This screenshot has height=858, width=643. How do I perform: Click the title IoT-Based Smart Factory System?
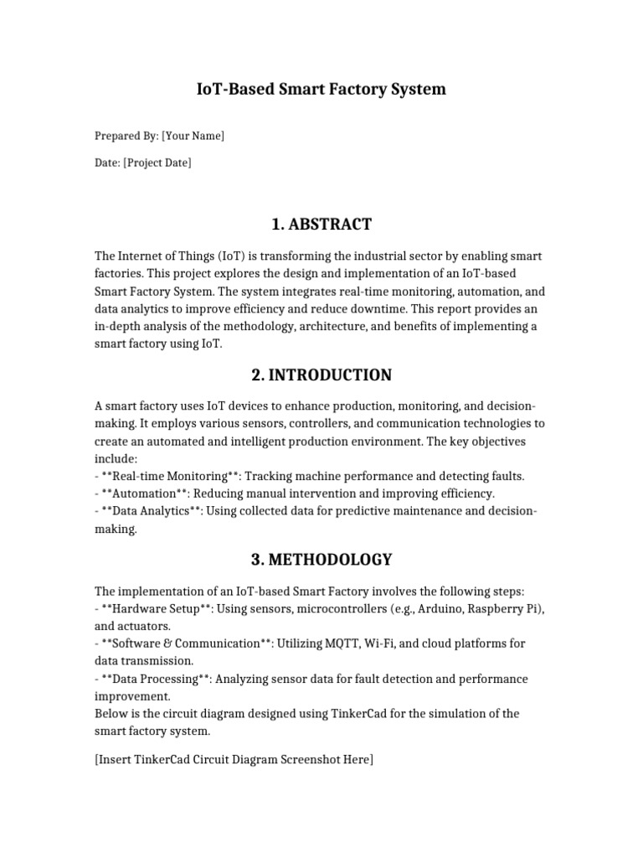tap(321, 89)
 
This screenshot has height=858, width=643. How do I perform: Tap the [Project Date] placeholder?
tap(157, 163)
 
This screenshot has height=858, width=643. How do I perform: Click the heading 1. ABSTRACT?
tap(321, 224)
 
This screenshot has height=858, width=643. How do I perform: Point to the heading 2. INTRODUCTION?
tap(321, 375)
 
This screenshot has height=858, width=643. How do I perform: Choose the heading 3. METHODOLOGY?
tap(321, 559)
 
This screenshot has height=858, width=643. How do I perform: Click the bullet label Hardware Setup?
tap(156, 607)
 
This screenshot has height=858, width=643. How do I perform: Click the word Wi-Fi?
tap(382, 643)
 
